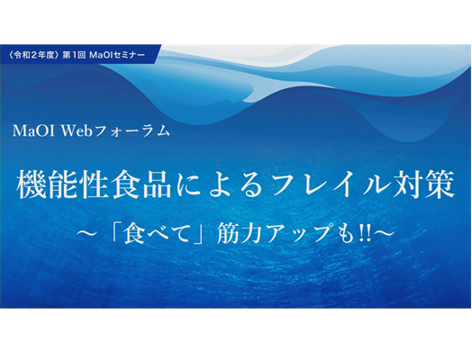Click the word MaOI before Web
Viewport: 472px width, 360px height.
coord(33,131)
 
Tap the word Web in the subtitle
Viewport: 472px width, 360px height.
coord(77,131)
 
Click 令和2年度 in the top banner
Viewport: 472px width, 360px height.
coord(33,55)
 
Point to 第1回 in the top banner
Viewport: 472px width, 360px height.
coord(74,55)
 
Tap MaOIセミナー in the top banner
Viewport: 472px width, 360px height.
coord(117,55)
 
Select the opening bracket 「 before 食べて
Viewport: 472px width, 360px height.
coord(116,230)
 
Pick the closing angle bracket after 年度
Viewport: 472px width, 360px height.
coord(57,55)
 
